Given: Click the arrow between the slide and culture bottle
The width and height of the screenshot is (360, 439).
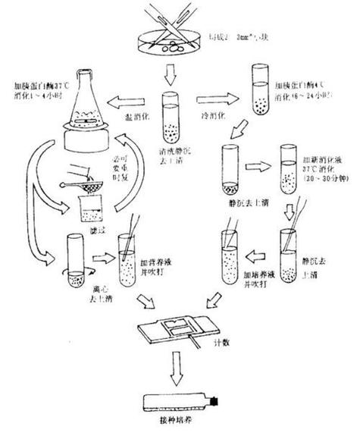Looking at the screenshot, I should tap(178, 367).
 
